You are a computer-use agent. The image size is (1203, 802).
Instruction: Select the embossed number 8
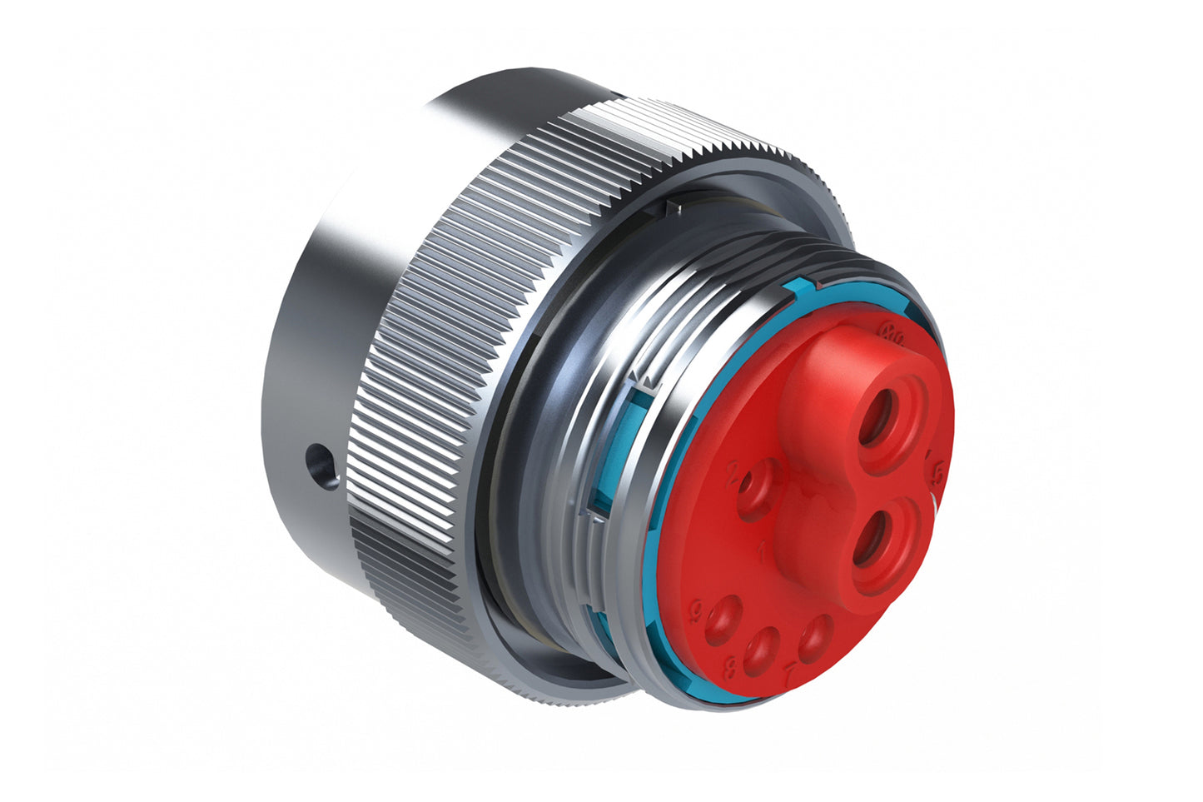point(730,666)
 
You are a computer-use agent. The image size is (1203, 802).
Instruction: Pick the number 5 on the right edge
point(938,471)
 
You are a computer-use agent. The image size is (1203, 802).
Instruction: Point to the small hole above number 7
point(815,638)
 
